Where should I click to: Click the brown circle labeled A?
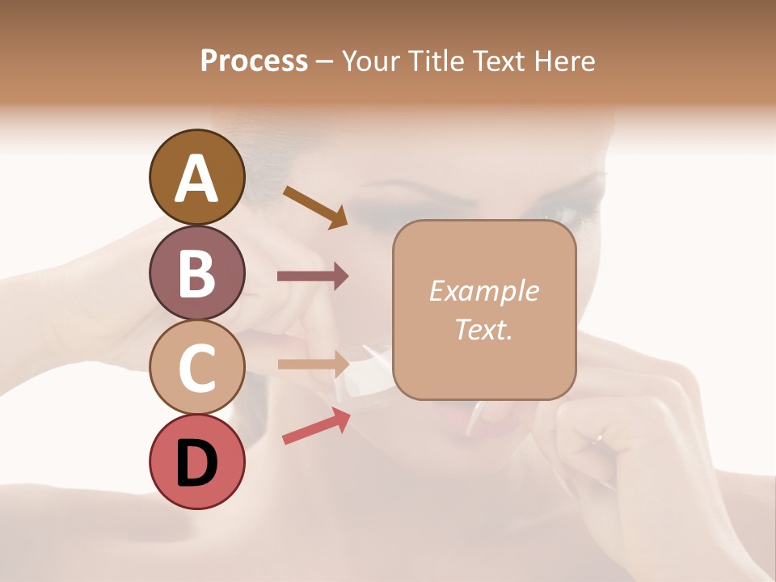196,177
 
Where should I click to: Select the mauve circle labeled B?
196,272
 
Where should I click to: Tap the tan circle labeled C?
196,367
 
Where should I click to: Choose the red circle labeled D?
196,462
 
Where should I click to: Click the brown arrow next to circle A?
315,206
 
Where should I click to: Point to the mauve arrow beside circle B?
313,276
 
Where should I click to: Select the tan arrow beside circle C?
313,363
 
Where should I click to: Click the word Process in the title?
254,61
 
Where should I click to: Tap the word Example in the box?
483,291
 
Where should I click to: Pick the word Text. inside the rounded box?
483,329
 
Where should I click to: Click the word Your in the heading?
369,61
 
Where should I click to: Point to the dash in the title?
325,61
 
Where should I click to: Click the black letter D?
196,463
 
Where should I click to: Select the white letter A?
196,179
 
